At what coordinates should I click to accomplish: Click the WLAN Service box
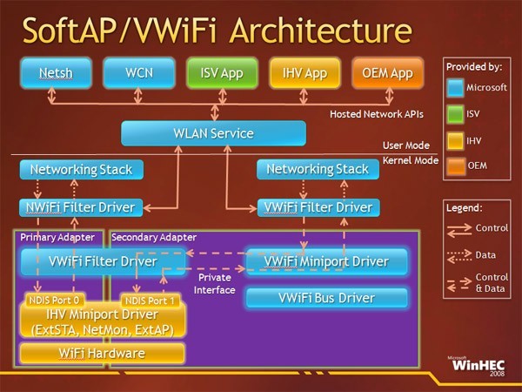tap(213, 133)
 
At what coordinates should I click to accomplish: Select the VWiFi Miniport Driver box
tap(327, 260)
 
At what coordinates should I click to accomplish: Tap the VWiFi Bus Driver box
tap(327, 298)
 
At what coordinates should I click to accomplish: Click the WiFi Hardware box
tap(103, 354)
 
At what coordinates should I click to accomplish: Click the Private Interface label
tap(214, 284)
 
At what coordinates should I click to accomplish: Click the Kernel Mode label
tap(409, 161)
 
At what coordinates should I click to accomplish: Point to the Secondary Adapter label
tap(154, 236)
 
